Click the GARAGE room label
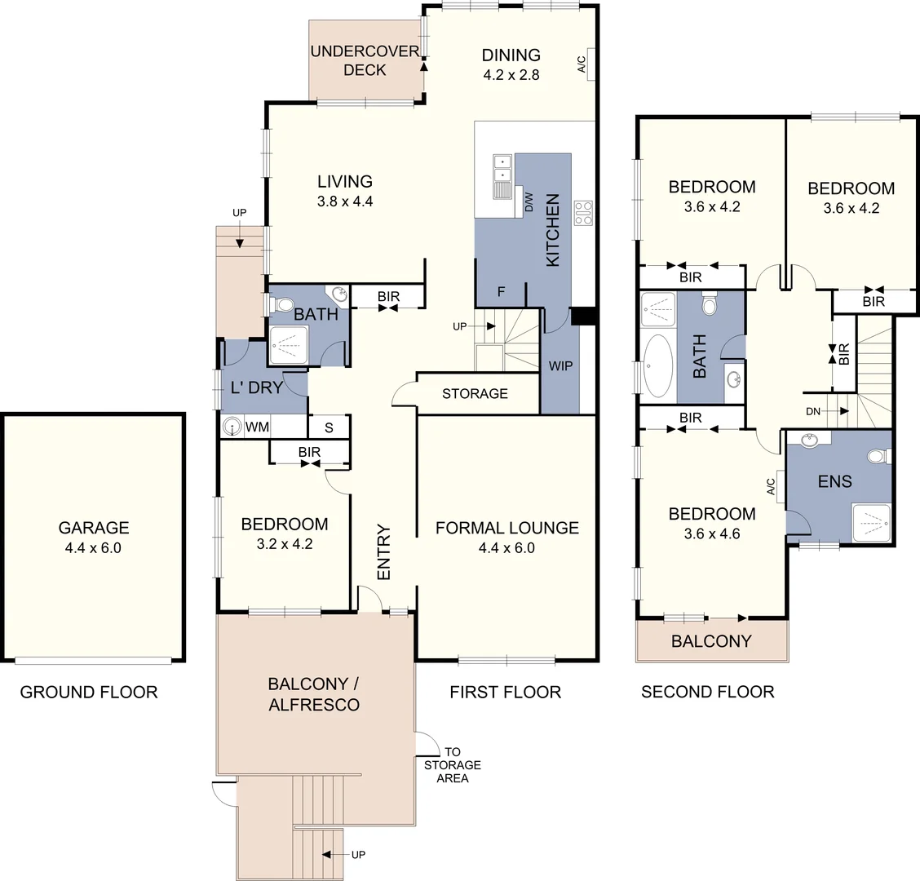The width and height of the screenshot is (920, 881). pyautogui.click(x=93, y=528)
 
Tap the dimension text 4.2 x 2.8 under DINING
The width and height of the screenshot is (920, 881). pyautogui.click(x=511, y=74)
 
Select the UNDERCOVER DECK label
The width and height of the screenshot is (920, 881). pyautogui.click(x=365, y=60)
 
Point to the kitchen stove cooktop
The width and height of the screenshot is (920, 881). pyautogui.click(x=583, y=212)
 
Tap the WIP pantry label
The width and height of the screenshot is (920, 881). pyautogui.click(x=560, y=366)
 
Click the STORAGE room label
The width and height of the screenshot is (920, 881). pyautogui.click(x=475, y=394)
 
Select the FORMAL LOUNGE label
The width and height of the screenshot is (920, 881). pyautogui.click(x=506, y=528)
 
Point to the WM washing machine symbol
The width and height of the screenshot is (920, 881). pyautogui.click(x=234, y=427)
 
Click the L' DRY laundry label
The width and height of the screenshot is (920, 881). pyautogui.click(x=256, y=387)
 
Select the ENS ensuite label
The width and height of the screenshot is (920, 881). pyautogui.click(x=834, y=481)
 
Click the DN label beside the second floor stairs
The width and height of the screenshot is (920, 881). pyautogui.click(x=812, y=412)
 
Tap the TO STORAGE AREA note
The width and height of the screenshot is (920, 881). pyautogui.click(x=452, y=765)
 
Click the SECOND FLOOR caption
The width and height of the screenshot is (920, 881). pyautogui.click(x=707, y=693)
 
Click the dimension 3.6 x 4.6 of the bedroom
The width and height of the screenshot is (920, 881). pyautogui.click(x=712, y=534)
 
